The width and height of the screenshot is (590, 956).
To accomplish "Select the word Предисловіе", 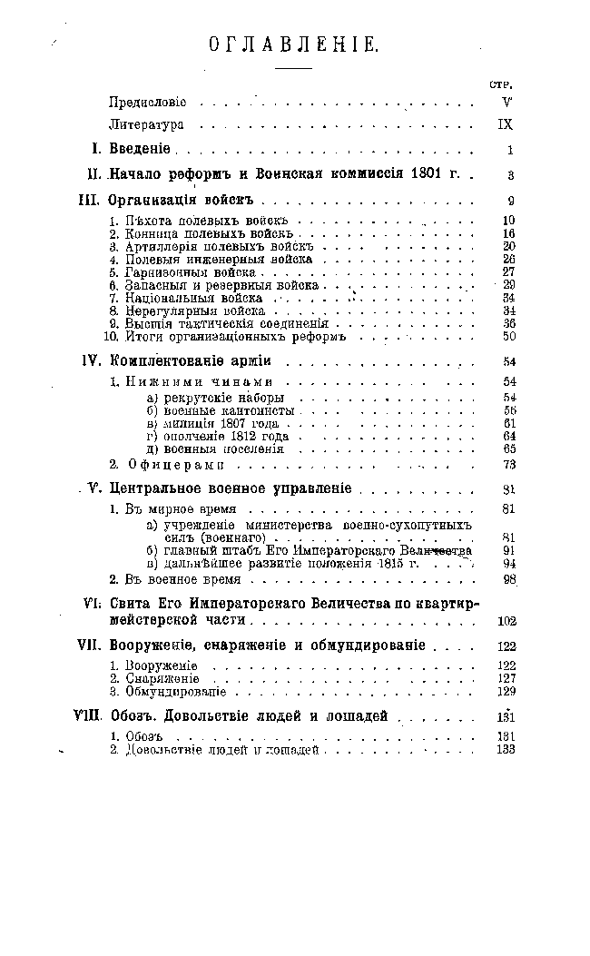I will (x=147, y=103).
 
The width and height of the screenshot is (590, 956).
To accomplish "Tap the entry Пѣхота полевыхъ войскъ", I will (x=197, y=221).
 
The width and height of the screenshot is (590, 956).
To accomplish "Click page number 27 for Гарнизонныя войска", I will (x=508, y=271).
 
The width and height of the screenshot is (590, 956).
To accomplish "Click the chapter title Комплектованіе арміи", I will (x=191, y=362).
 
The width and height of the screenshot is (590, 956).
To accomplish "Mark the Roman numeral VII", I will (x=89, y=646).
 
